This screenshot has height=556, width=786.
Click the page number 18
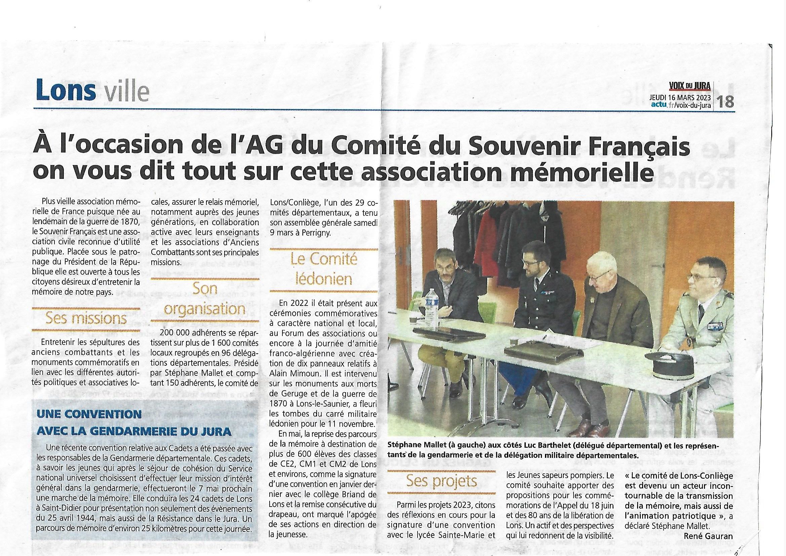[x=724, y=101]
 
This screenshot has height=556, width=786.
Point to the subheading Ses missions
[x=86, y=319]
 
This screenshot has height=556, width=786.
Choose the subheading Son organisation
[x=204, y=301]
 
